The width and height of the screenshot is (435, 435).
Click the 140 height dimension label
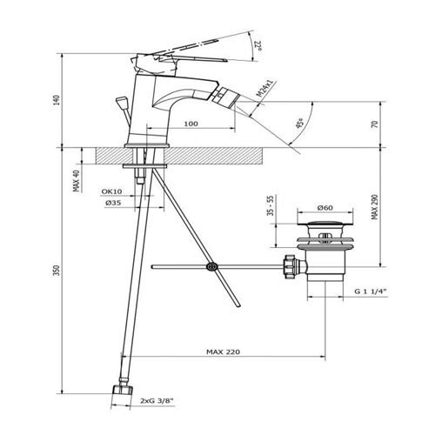pyautogui.click(x=57, y=100)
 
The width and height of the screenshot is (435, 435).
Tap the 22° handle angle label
pyautogui.click(x=258, y=46)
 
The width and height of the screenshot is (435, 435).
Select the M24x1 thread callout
pyautogui.click(x=265, y=89)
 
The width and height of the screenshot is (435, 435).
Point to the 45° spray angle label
pyautogui.click(x=299, y=123)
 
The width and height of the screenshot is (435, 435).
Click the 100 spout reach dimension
pyautogui.click(x=191, y=124)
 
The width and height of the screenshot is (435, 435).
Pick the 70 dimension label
pyautogui.click(x=375, y=124)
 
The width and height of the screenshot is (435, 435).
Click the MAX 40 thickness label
pyautogui.click(x=77, y=180)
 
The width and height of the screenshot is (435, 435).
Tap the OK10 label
pyautogui.click(x=111, y=191)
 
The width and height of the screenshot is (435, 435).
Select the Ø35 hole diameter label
pyautogui.click(x=113, y=203)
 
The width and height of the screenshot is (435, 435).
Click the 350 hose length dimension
pyautogui.click(x=57, y=270)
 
